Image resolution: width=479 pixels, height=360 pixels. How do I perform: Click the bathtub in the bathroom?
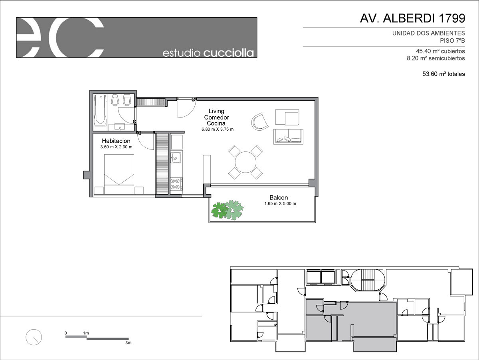coord(100,110)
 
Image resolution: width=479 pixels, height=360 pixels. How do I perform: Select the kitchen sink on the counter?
coord(176,157)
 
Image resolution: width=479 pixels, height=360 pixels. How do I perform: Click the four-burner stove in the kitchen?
coord(176,184)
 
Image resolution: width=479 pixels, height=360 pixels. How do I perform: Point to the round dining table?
coord(245,162)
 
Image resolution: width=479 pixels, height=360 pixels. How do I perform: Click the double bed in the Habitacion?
coord(119,174)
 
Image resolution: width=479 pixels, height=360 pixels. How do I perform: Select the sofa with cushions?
coord(288,137)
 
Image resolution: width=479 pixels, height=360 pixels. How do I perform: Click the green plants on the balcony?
coord(228,210)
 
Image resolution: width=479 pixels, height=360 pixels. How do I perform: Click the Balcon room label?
coord(279,197)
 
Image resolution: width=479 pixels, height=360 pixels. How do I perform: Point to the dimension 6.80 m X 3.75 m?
coord(218,129)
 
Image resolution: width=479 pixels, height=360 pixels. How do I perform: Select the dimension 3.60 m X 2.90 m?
coord(116,147)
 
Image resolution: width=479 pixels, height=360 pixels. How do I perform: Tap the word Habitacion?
coord(116,141)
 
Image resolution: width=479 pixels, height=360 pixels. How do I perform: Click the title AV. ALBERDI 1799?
coord(412,18)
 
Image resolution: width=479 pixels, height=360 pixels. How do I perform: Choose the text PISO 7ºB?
coord(452,41)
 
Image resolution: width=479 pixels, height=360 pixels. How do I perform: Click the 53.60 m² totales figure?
coord(443,74)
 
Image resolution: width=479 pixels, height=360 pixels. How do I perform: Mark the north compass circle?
coord(34,337)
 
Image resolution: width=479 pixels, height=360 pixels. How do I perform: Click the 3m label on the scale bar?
coord(128,342)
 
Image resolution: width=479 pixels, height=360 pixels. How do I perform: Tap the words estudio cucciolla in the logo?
coord(208,53)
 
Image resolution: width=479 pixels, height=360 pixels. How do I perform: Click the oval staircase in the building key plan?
coord(368,280)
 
